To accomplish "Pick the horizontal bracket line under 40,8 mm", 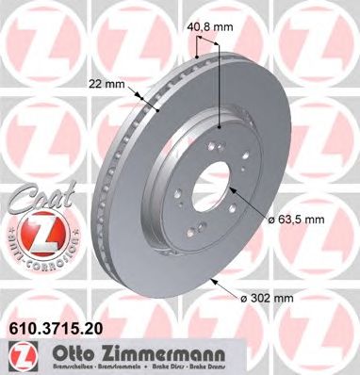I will coord(206,58).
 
